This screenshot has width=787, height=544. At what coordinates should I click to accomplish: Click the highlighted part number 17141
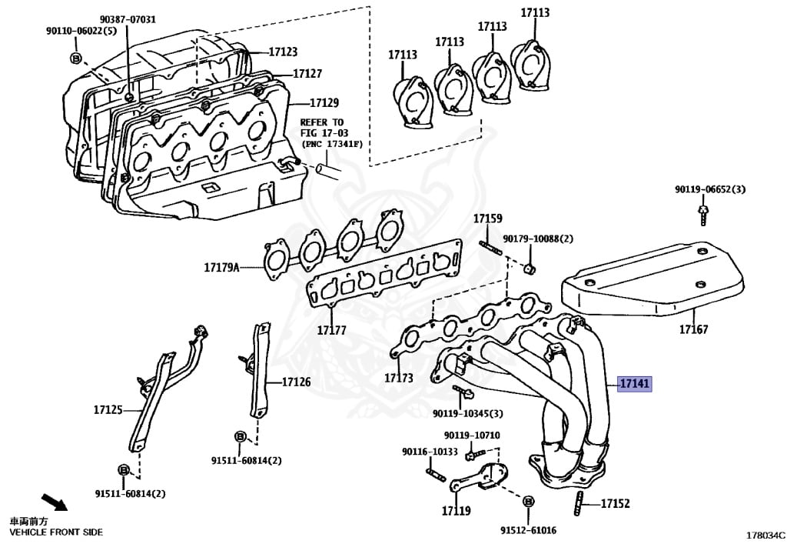click(635, 383)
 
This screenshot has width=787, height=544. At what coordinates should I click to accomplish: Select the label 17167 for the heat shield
click(693, 329)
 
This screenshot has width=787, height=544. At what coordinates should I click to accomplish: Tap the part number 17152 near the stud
click(615, 504)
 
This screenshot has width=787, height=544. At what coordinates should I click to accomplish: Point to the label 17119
click(456, 510)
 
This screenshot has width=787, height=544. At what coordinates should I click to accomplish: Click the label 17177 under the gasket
click(331, 330)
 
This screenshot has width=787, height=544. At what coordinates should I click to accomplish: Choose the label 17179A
click(222, 268)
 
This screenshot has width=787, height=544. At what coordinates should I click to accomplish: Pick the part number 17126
click(296, 382)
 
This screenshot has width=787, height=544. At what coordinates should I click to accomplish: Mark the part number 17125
click(108, 410)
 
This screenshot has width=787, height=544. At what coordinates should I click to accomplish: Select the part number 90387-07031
click(128, 19)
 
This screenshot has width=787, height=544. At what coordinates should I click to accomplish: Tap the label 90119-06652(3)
click(710, 189)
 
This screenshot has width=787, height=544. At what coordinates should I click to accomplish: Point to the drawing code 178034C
click(765, 534)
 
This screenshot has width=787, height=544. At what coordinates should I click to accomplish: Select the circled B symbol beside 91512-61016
click(528, 501)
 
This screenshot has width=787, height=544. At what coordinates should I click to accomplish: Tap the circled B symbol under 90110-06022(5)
click(75, 58)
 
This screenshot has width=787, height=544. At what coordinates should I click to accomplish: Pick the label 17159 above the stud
click(487, 218)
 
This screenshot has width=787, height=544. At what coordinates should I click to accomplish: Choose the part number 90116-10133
click(430, 451)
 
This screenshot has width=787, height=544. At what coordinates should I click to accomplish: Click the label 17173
click(399, 378)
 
